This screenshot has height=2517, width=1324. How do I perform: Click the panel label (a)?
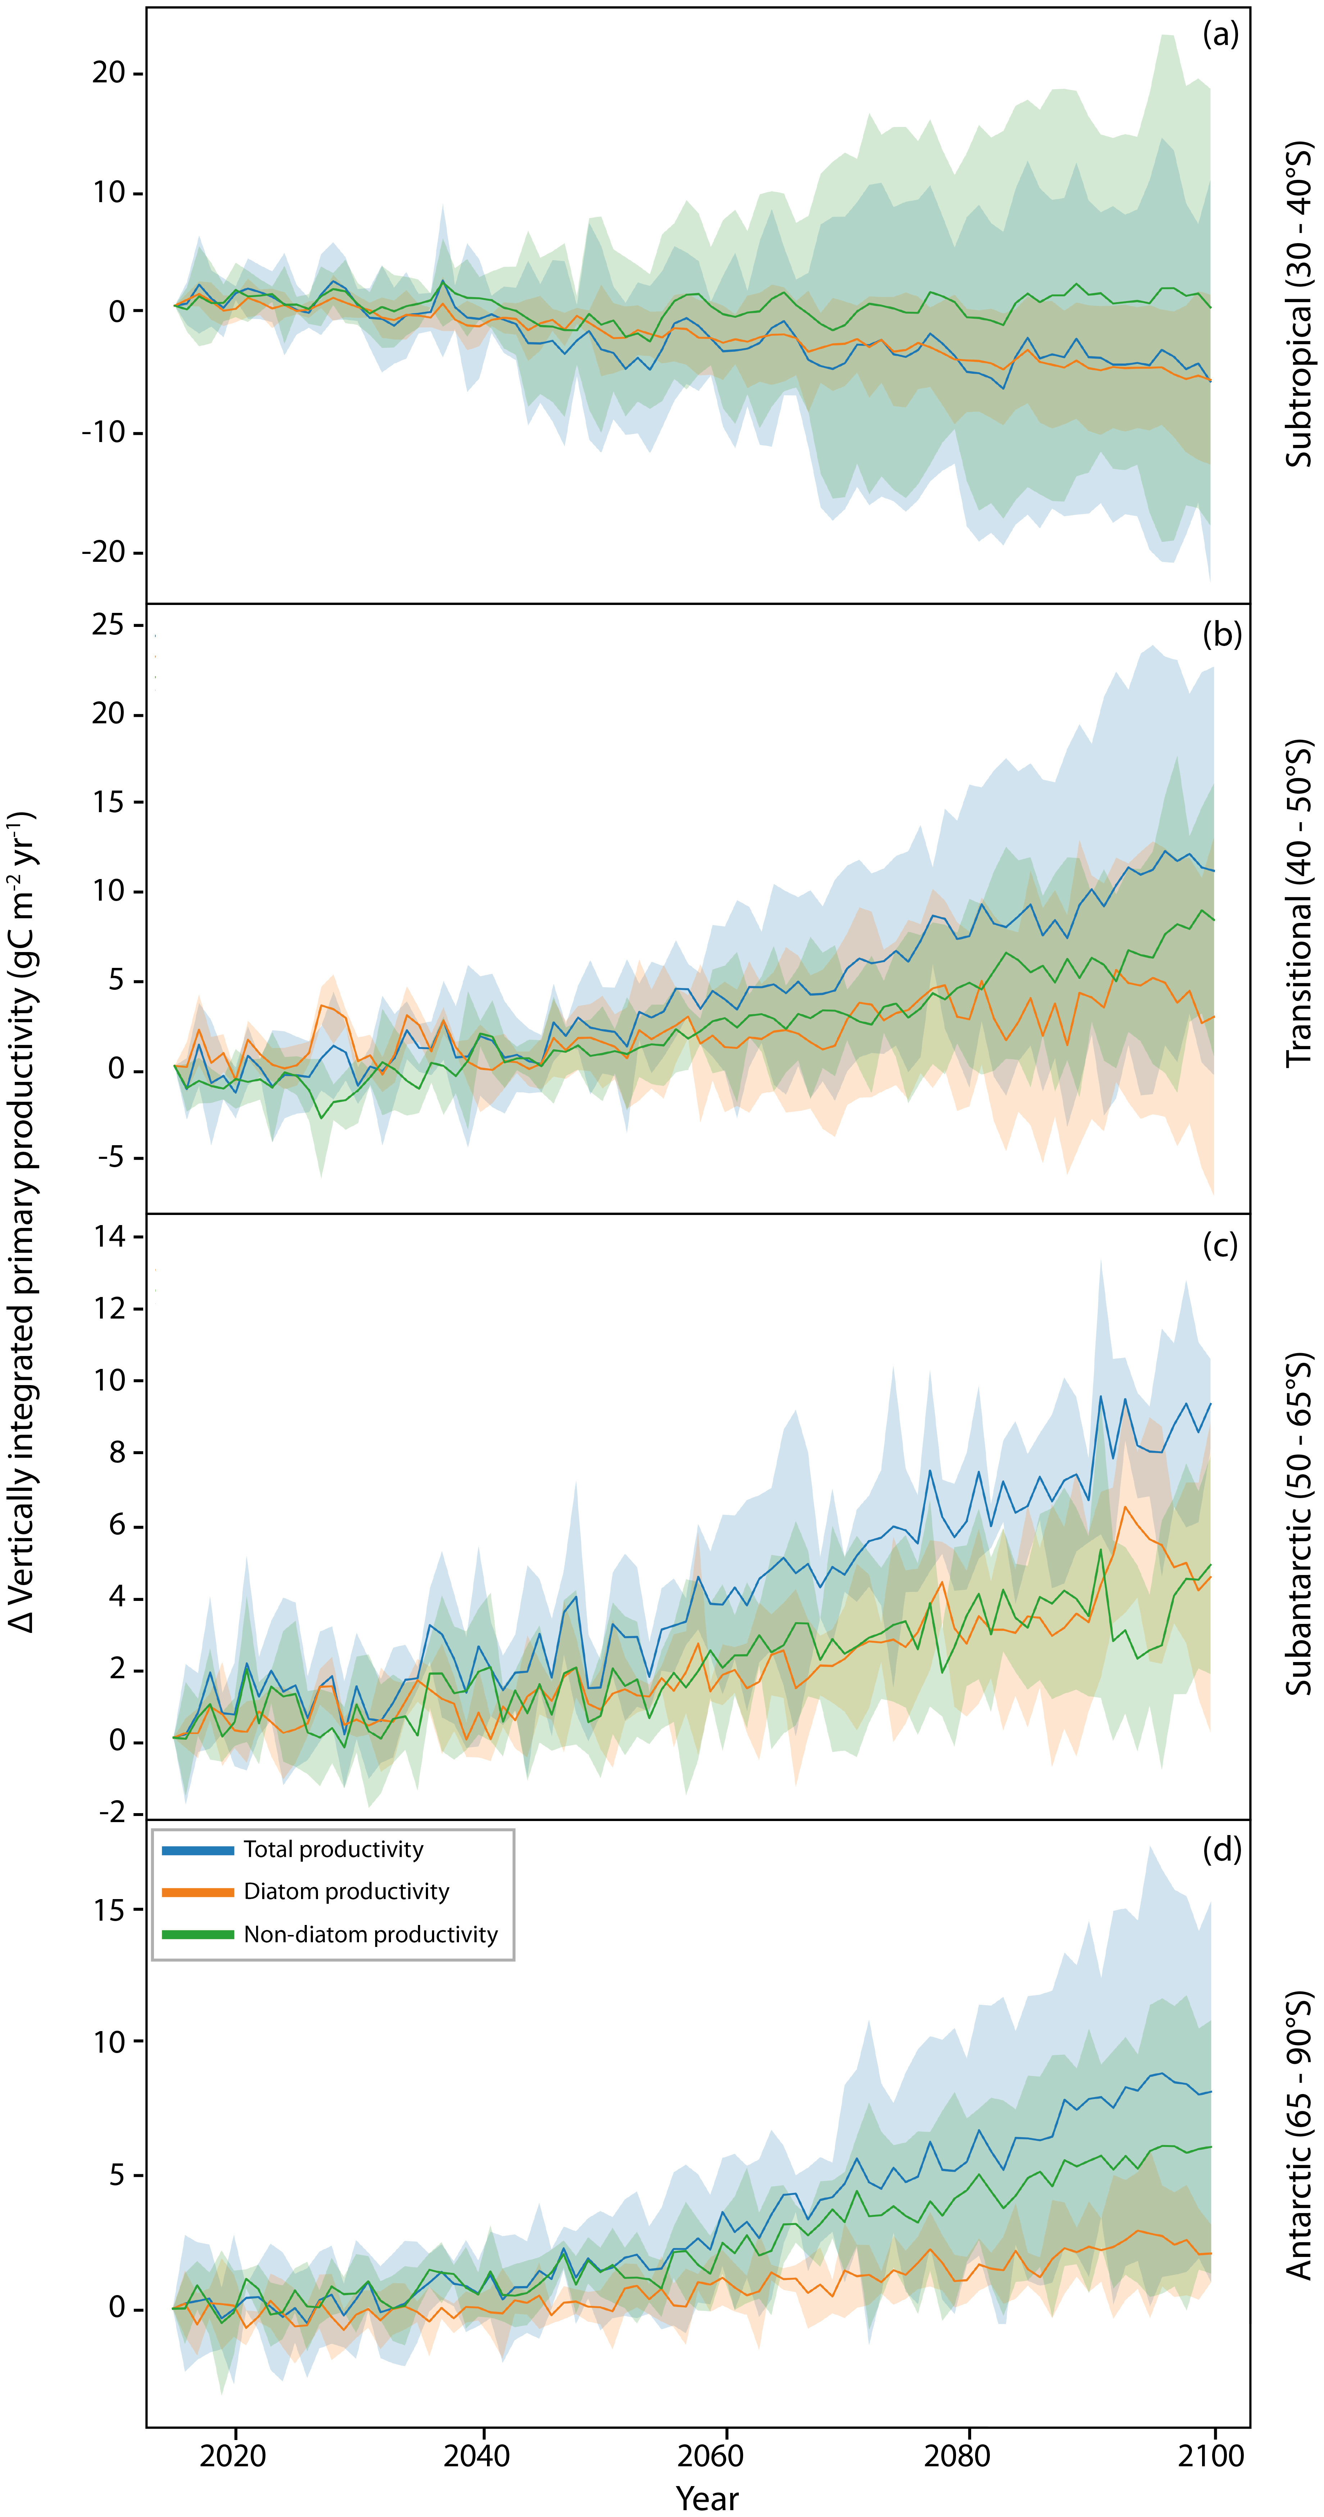point(1220,35)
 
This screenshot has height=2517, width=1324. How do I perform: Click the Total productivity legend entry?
point(333,1850)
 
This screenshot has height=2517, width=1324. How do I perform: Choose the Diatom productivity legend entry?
point(346,1892)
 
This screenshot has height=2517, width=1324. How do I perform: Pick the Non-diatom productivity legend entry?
point(370,1935)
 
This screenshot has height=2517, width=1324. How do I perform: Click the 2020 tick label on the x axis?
point(233,2455)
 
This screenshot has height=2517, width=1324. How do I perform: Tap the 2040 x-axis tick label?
point(477,2455)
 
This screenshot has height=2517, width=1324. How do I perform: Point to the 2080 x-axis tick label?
point(957,2455)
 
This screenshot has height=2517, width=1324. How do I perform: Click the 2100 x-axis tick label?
point(1212,2455)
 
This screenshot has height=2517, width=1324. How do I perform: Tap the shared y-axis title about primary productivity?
point(22,1221)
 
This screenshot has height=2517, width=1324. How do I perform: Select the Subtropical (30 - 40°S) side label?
point(1298,305)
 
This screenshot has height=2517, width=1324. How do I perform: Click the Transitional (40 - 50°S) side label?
point(1298,904)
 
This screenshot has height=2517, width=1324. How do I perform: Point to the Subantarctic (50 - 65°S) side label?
point(1298,1524)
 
